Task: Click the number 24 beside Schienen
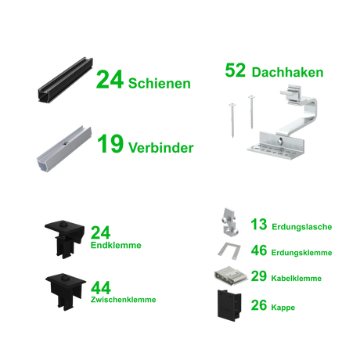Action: [110, 80]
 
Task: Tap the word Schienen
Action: [160, 83]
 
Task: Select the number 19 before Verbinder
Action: [110, 143]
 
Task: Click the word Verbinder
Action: [161, 148]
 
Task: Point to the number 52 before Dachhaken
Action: [236, 70]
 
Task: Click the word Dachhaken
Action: [287, 72]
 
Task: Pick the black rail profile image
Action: [66, 80]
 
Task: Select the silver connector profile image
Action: [64, 149]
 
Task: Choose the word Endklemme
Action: [116, 245]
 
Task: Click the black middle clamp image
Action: [66, 292]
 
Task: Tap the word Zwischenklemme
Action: [124, 300]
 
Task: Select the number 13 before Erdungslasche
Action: [259, 225]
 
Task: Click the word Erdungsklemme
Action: [301, 253]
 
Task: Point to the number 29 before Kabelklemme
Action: [259, 276]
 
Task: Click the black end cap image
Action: [229, 305]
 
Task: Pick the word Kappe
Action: [283, 308]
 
